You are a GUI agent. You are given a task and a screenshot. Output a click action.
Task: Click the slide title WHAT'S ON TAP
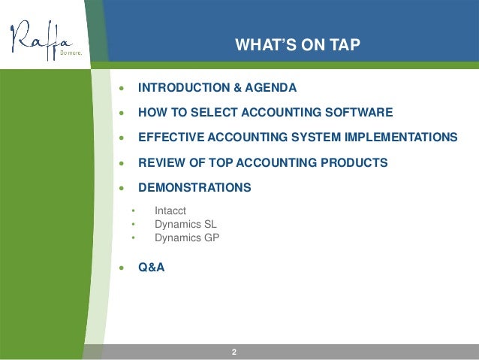298,45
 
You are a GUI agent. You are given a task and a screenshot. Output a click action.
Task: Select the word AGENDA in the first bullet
270,88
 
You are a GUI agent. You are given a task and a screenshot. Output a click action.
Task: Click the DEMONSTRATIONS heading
194,187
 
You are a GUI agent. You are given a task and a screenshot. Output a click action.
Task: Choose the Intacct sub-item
170,210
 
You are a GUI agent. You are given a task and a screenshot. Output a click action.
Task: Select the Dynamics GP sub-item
187,237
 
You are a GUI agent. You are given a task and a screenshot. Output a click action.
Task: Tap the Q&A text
151,266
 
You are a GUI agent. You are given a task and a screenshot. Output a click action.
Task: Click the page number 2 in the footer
234,352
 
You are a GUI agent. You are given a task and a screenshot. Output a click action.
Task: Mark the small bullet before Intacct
133,211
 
